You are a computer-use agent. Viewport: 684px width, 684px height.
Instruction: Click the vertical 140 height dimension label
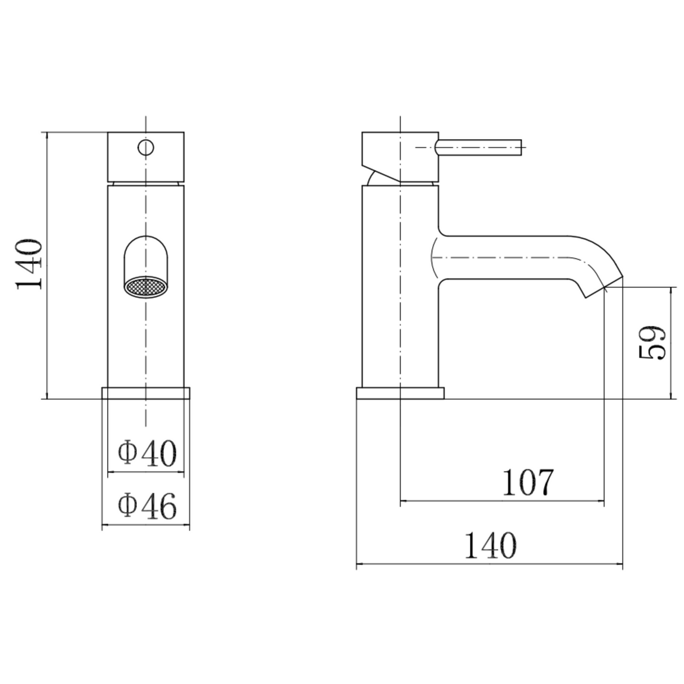pyautogui.click(x=29, y=264)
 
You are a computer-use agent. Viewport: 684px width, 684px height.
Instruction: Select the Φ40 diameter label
pyautogui.click(x=147, y=452)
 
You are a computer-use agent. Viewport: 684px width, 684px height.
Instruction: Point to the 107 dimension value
pyautogui.click(x=528, y=482)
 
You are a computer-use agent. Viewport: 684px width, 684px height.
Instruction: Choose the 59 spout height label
pyautogui.click(x=653, y=342)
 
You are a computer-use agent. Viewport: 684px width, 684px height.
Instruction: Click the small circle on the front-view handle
pyautogui.click(x=146, y=148)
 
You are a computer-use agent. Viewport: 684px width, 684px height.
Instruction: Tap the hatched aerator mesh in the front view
pyautogui.click(x=146, y=287)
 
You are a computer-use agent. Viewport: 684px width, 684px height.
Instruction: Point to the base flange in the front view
pyautogui.click(x=146, y=393)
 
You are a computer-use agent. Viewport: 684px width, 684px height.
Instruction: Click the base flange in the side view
pyautogui.click(x=400, y=393)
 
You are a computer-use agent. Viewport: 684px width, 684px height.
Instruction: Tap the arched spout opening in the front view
pyautogui.click(x=146, y=256)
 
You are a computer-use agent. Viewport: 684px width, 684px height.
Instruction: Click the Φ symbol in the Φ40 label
pyautogui.click(x=127, y=452)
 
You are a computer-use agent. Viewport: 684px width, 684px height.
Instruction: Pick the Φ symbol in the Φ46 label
pyautogui.click(x=127, y=505)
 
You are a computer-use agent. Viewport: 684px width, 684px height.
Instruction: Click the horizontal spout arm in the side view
pyautogui.click(x=507, y=258)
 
